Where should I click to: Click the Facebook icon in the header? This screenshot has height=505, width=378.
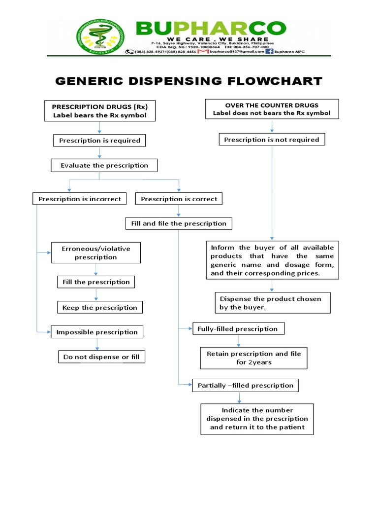269,51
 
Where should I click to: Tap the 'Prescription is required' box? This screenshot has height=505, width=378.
99,141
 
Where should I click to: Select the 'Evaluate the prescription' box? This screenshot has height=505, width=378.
104,165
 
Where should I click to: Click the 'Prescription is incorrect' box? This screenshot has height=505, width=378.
80,199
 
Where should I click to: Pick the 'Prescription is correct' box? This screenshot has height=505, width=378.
179,199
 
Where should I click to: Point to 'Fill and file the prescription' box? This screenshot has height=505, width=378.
179,223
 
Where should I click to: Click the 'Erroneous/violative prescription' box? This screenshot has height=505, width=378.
96,252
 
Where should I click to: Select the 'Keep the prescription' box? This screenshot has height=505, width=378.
100,308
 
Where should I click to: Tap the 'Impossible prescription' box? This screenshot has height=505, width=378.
97,332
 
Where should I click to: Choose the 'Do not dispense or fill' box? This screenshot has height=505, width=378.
101,357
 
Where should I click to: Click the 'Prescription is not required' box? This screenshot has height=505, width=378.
272,140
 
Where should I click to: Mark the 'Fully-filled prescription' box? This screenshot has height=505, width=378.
238,329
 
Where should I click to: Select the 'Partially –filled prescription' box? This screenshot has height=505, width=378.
245,385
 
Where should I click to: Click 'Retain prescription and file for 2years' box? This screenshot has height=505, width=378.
253,358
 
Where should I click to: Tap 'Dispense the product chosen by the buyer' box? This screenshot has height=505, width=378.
273,303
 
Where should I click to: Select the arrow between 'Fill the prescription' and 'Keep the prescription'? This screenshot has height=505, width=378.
96,295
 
